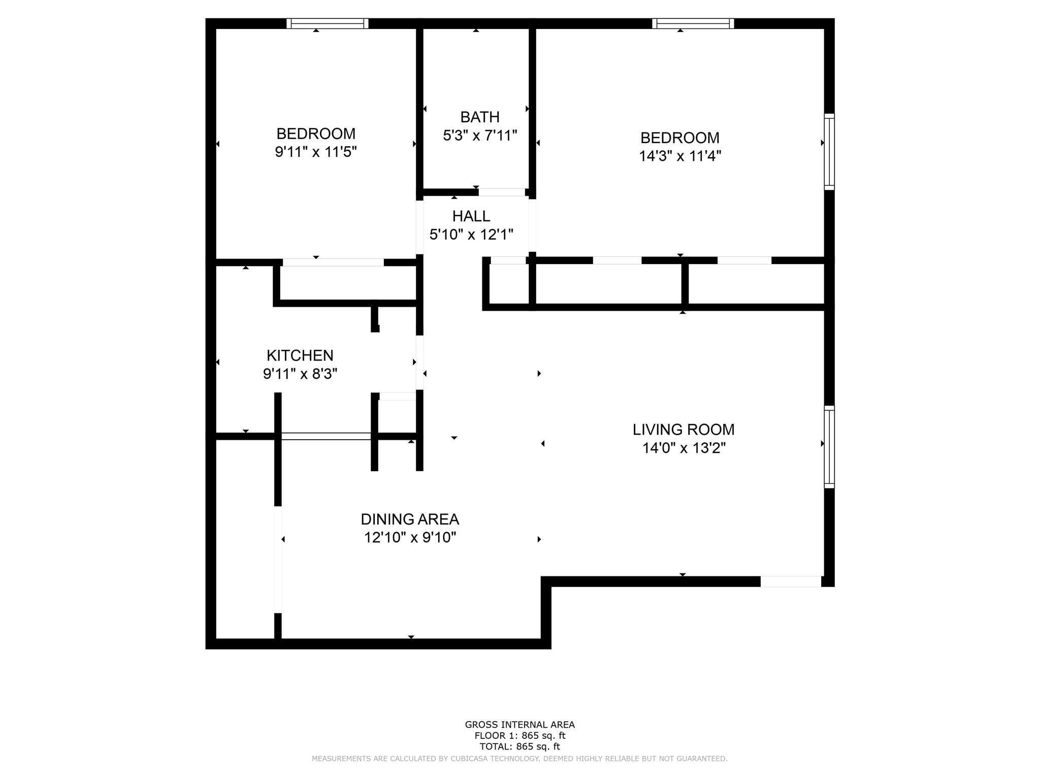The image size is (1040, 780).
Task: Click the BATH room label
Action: click(479, 117)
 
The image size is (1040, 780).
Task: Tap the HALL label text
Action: click(471, 216)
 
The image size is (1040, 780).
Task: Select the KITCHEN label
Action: click(300, 355)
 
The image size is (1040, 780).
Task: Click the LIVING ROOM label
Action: click(683, 430)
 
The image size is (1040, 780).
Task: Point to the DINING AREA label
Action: click(409, 519)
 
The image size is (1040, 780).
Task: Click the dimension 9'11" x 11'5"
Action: click(315, 152)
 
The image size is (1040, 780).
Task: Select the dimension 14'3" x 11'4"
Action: click(679, 156)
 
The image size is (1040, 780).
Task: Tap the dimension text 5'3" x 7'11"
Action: click(479, 136)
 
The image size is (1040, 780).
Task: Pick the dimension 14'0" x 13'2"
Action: click(684, 448)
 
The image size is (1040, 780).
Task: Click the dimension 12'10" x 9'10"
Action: click(409, 538)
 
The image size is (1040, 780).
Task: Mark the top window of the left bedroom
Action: click(327, 23)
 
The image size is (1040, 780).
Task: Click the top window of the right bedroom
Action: click(693, 23)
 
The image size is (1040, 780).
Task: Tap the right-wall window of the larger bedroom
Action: click(829, 152)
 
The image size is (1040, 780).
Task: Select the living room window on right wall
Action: click(829, 447)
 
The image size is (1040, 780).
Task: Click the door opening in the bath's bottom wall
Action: click(501, 192)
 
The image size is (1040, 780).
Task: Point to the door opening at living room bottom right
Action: click(790, 582)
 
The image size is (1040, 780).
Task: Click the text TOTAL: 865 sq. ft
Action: click(519, 746)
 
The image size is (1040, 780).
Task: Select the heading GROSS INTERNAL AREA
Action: click(519, 725)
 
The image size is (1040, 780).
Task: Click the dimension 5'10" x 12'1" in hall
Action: click(471, 235)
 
